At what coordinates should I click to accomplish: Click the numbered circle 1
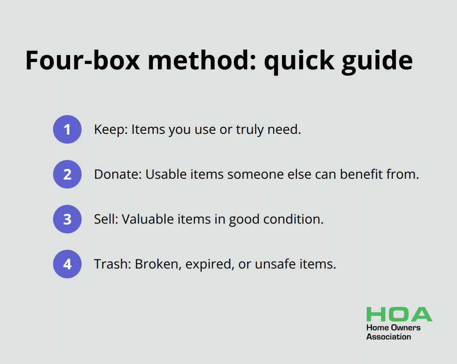pyautogui.click(x=67, y=129)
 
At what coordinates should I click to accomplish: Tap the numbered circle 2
pyautogui.click(x=67, y=174)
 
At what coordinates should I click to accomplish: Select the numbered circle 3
pyautogui.click(x=67, y=219)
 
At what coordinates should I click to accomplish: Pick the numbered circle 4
pyautogui.click(x=67, y=264)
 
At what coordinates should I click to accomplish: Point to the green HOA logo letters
pyautogui.click(x=399, y=314)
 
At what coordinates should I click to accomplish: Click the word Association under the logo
pyautogui.click(x=388, y=337)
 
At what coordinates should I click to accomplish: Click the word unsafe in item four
pyautogui.click(x=277, y=264)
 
